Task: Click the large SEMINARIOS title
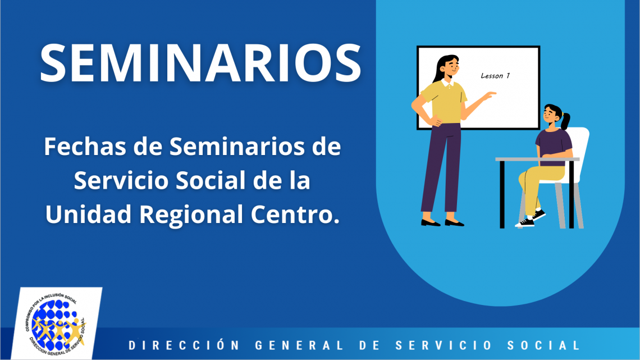[x=200, y=63]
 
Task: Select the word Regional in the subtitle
[x=191, y=215]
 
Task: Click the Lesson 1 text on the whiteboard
[x=495, y=75]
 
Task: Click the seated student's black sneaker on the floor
[x=525, y=222]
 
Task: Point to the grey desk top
[x=537, y=159]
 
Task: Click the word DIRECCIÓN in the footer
[x=184, y=345]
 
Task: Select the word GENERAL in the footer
[x=299, y=345]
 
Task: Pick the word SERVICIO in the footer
[x=444, y=345]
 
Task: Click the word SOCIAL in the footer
[x=543, y=345]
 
